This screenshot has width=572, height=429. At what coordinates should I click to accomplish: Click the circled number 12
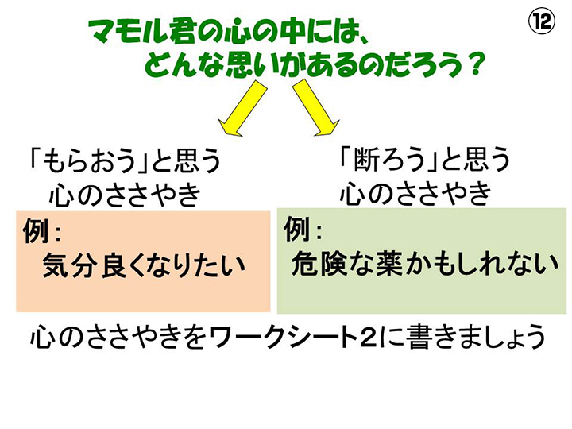click(542, 22)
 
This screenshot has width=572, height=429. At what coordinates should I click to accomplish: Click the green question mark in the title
click(475, 64)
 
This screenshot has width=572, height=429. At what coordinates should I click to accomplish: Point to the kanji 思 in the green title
click(240, 64)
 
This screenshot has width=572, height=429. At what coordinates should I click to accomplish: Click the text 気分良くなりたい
click(144, 265)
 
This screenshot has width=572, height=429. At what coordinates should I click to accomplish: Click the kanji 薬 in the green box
click(389, 263)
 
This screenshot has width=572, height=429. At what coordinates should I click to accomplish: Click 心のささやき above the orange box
click(125, 194)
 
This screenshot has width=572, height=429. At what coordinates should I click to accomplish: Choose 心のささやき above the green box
click(415, 192)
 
